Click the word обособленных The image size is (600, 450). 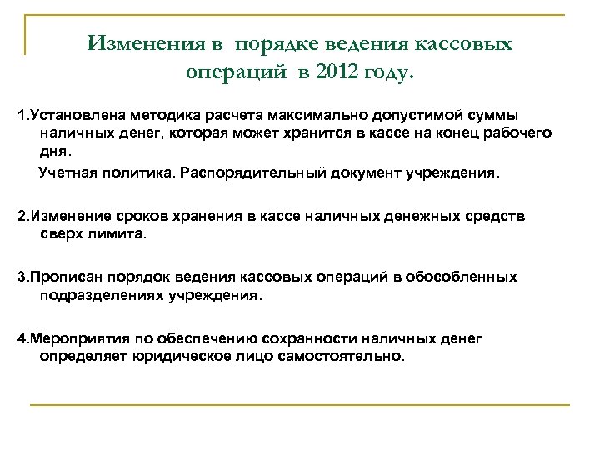coord(470,277)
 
